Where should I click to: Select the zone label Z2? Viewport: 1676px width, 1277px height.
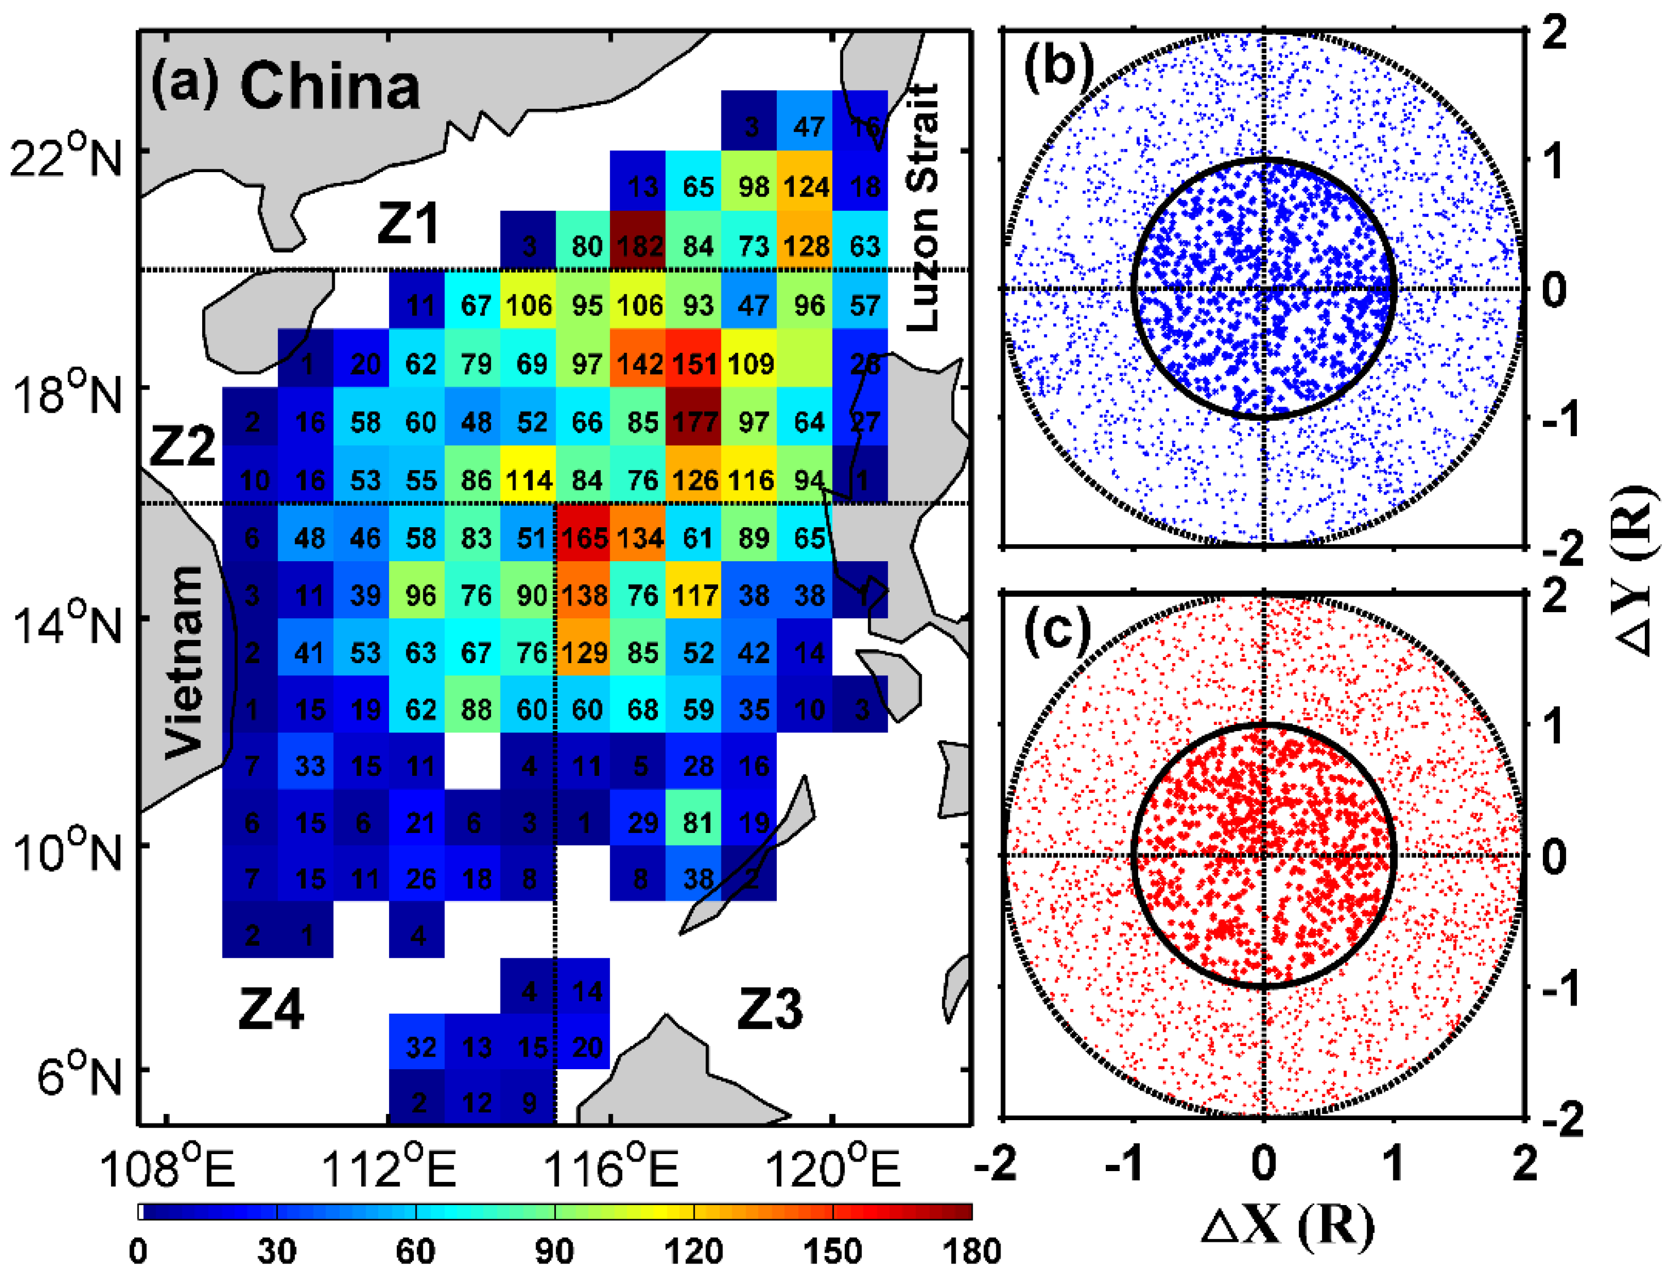pyautogui.click(x=182, y=446)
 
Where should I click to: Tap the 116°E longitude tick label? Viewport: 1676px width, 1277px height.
pyautogui.click(x=610, y=1169)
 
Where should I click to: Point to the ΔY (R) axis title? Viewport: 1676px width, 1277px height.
pyautogui.click(x=1634, y=570)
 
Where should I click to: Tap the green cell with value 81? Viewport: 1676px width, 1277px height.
pyautogui.click(x=697, y=822)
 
